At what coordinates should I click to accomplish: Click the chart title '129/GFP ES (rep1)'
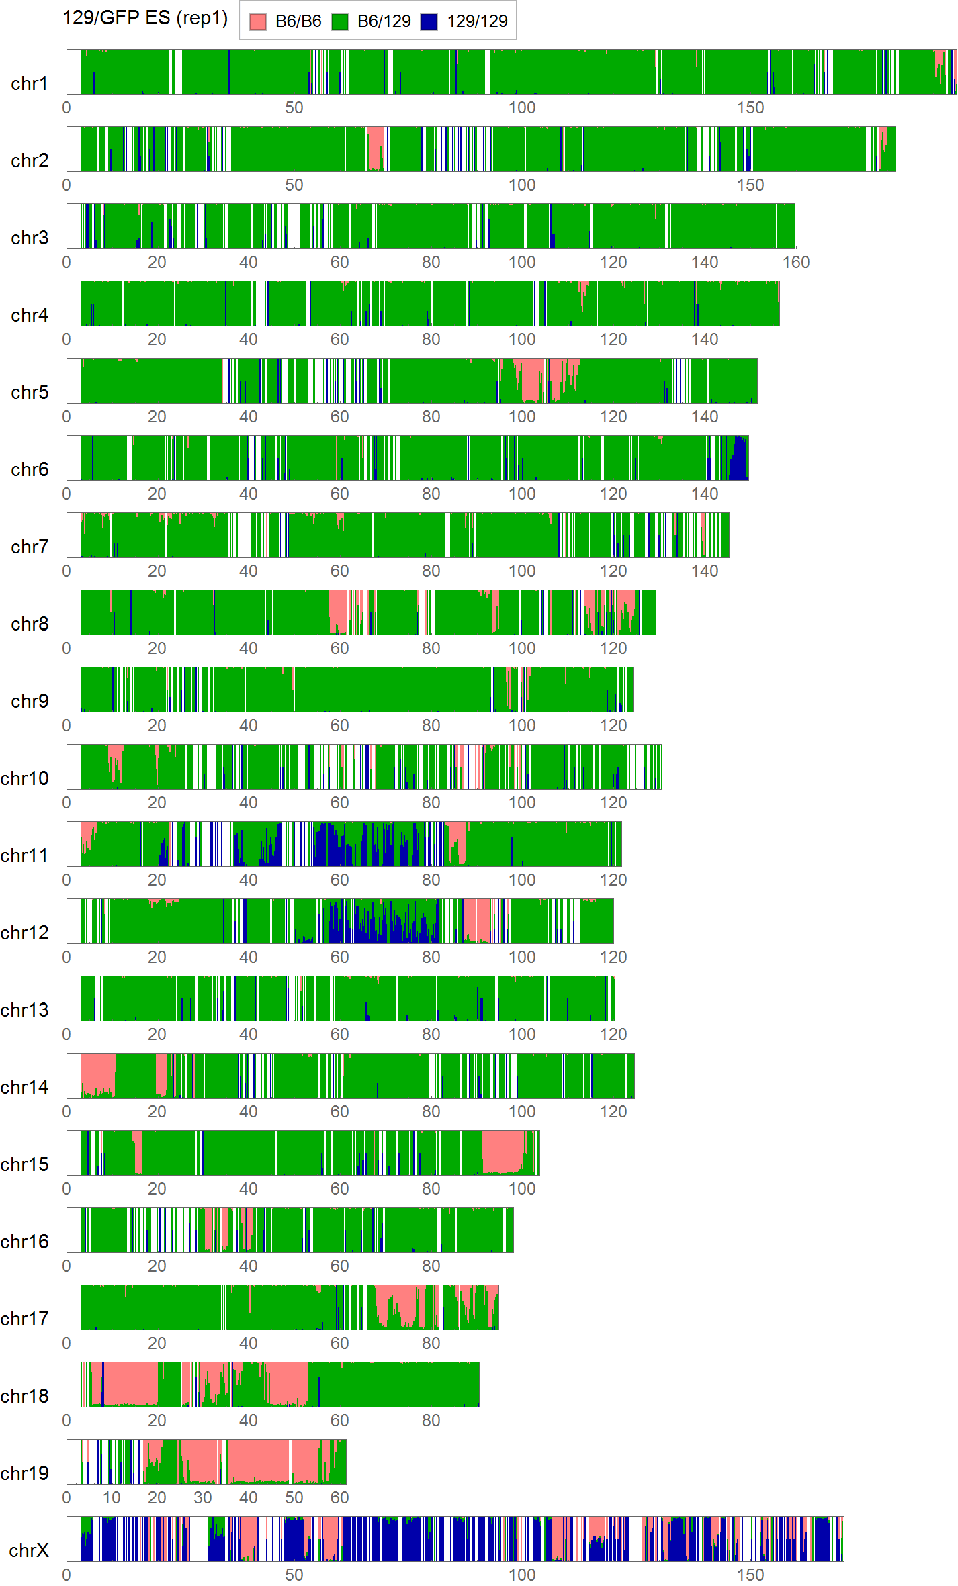(x=145, y=18)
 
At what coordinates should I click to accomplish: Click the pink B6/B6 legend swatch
(x=257, y=21)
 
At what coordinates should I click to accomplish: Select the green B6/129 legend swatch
(x=340, y=21)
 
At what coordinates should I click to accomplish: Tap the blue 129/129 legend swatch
(x=429, y=21)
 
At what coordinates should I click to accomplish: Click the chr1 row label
(x=30, y=83)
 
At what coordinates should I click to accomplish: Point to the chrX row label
(x=29, y=1550)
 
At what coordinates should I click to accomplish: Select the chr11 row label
(x=25, y=855)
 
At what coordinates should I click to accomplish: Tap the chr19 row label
(x=25, y=1473)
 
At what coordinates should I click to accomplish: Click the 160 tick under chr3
(x=796, y=263)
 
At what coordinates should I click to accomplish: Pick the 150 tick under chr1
(x=750, y=108)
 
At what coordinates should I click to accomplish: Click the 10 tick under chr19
(x=112, y=1498)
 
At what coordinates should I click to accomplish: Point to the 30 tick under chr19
(x=203, y=1498)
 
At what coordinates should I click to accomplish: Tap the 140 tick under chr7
(x=705, y=571)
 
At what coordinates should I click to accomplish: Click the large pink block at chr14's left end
(x=97, y=1073)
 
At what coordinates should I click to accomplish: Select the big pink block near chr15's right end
(x=503, y=1151)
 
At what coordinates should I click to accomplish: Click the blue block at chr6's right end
(x=740, y=460)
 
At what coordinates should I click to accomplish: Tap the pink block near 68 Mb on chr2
(x=375, y=148)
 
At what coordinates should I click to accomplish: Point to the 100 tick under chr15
(x=522, y=1189)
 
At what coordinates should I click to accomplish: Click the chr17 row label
(x=25, y=1319)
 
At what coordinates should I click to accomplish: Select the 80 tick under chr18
(x=431, y=1421)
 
